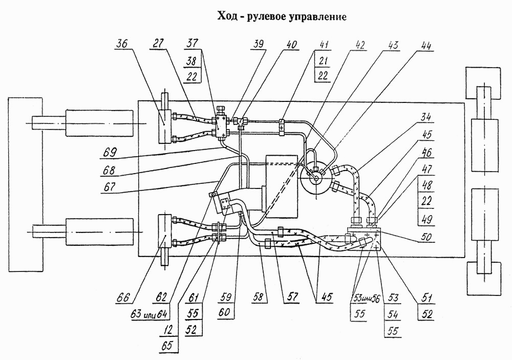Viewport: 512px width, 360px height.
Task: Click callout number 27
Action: coord(157,44)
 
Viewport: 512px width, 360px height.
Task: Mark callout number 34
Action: coord(425,118)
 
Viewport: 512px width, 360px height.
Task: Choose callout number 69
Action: coord(110,153)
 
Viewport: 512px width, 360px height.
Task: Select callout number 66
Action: coord(124,298)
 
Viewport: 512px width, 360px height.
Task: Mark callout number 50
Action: coord(425,237)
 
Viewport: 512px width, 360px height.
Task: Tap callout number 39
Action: coord(258,44)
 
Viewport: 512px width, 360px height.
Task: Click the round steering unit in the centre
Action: coord(316,178)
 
